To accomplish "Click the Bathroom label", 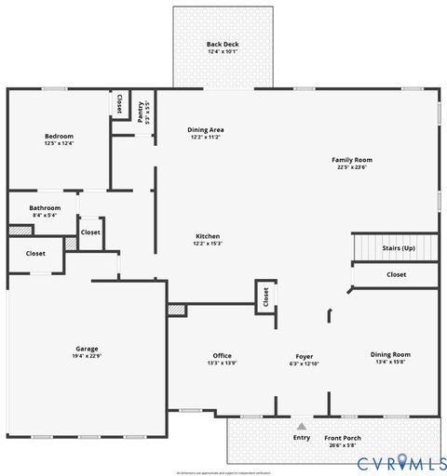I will coord(45,207).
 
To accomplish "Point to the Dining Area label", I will coord(206,129).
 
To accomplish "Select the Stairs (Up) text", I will coord(399,248).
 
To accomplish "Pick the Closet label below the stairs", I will coord(396,275).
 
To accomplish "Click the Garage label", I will coord(87,349).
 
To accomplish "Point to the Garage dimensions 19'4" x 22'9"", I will coord(87,357).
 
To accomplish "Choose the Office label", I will coord(222,355).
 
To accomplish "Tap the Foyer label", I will coord(305,355).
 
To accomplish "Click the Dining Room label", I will coord(390,354).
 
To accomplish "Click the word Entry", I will coord(302,437).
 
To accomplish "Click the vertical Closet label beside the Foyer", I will coord(265,297).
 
